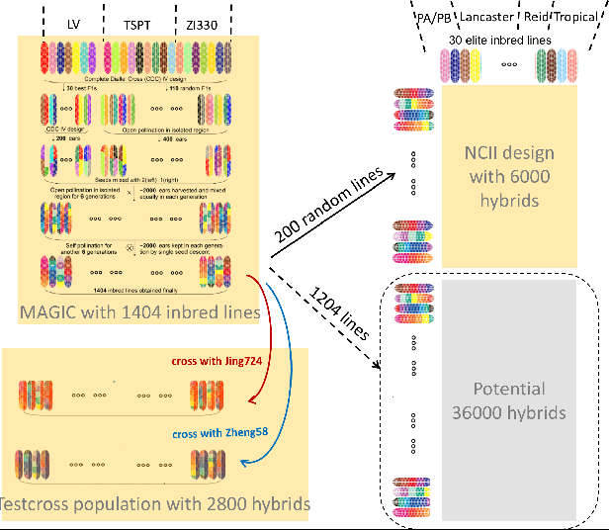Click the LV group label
tap(73, 23)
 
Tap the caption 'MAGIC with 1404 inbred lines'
tap(138, 314)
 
